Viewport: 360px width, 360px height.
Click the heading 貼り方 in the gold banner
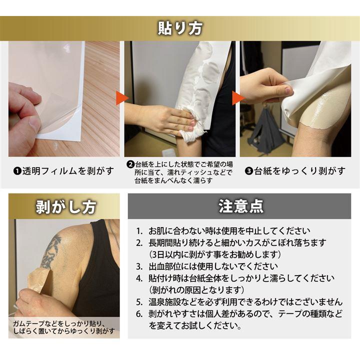tap(180, 28)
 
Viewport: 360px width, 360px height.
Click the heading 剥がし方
tap(66, 207)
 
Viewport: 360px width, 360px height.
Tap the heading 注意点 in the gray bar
tap(240, 206)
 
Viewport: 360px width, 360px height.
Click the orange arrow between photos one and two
tap(122, 98)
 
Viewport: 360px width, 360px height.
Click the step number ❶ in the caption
tap(17, 171)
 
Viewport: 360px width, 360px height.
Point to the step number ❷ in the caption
tap(130, 164)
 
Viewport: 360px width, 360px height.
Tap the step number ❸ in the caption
tap(248, 171)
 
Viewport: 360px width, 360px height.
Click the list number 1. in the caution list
tap(139, 231)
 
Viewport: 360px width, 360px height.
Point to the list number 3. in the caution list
tap(139, 266)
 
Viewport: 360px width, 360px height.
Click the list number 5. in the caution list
tap(139, 302)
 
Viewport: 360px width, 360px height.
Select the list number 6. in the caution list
tap(139, 314)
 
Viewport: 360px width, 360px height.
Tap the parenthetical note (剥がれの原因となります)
tap(196, 290)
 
